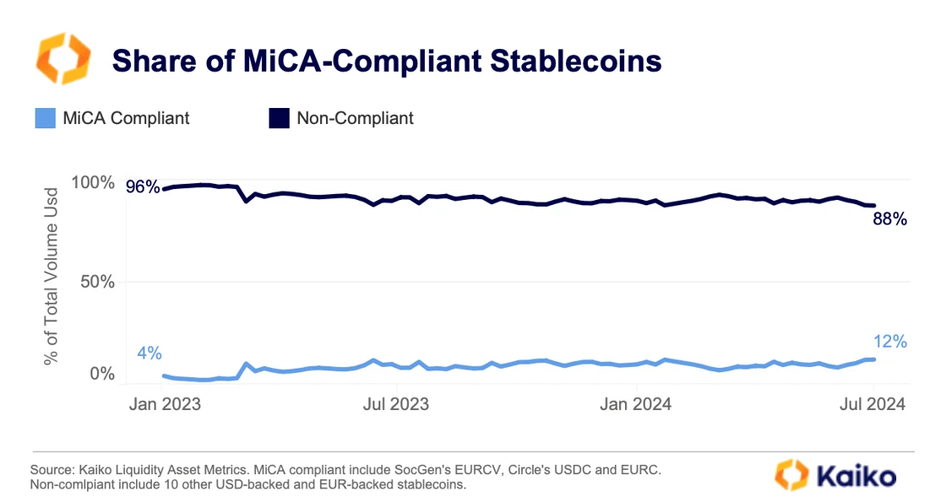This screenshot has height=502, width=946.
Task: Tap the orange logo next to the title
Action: [x=63, y=58]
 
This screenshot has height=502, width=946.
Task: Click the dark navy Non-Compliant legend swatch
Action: [x=280, y=118]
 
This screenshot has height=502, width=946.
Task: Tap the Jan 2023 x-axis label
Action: [x=165, y=404]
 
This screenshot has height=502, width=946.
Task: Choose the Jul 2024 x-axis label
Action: [x=873, y=404]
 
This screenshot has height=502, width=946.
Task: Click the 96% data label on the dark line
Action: [x=143, y=187]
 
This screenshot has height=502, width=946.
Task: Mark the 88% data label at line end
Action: [x=889, y=220]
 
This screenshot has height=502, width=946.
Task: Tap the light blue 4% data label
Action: [x=149, y=352]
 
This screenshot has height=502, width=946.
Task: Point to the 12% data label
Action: [x=889, y=342]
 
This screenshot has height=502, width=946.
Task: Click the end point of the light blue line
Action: [x=873, y=359]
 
